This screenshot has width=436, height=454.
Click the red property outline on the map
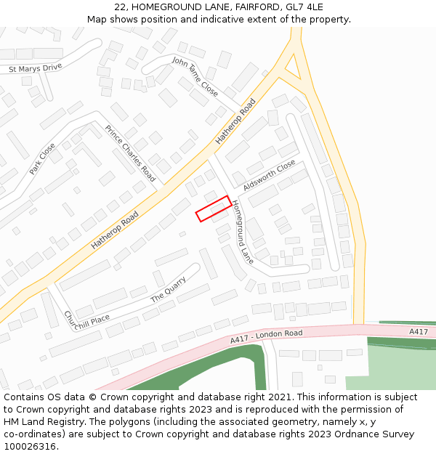214,208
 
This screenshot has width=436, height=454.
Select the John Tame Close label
195,76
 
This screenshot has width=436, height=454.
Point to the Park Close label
42,158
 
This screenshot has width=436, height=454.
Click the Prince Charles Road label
130,153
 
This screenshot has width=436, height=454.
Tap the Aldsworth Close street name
270,175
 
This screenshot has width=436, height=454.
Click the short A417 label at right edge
418,331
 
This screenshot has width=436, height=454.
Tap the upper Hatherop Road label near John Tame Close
236,121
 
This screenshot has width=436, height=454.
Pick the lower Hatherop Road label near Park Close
115,230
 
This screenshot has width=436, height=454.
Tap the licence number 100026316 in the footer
30,446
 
